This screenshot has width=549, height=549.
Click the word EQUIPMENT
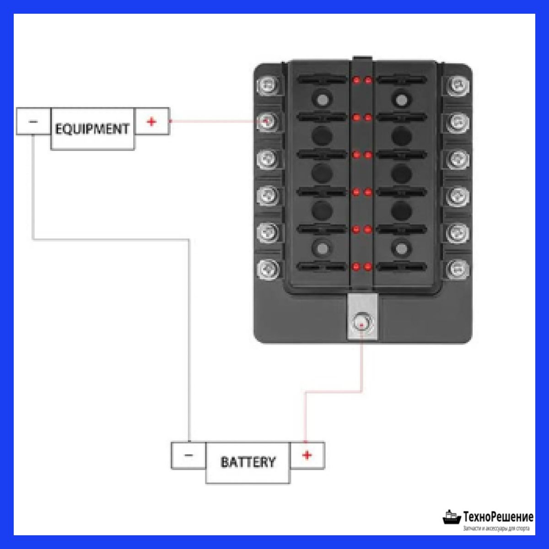tap(92, 129)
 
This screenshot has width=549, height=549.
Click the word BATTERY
tap(248, 462)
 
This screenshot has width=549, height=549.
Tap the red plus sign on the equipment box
tap(151, 122)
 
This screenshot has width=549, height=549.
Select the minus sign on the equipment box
tap(33, 122)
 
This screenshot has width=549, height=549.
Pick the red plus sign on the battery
tap(307, 455)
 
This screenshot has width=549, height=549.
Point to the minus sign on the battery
tap(188, 455)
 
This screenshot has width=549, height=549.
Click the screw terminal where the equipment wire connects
tap(267, 121)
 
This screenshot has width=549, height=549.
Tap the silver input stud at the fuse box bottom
tap(361, 324)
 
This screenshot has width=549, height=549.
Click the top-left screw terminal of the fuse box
tap(267, 85)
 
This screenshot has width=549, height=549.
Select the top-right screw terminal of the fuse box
tap(458, 85)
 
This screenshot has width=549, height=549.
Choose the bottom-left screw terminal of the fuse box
tap(267, 269)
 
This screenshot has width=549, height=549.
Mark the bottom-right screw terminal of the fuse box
tap(458, 269)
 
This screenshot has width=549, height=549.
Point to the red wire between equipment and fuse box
tap(218, 121)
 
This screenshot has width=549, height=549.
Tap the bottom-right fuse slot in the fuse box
tap(401, 267)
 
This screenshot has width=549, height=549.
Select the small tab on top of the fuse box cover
tap(362, 58)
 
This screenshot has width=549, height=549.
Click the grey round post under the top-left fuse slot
tap(322, 99)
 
